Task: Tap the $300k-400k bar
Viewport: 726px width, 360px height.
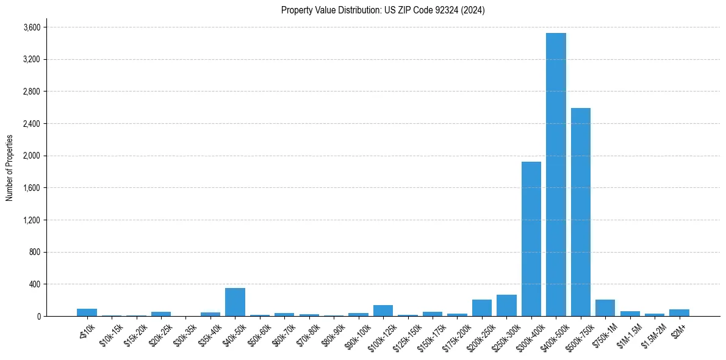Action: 531,239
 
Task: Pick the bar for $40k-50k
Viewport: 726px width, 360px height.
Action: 235,302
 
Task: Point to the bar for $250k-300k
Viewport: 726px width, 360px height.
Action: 506,305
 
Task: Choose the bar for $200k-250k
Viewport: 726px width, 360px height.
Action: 482,308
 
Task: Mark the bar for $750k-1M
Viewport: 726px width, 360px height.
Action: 605,308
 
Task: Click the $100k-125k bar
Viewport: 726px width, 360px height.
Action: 383,311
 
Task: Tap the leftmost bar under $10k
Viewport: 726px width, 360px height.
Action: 87,312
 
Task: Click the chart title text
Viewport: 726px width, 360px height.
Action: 383,10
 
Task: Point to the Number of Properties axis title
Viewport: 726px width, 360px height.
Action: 10,167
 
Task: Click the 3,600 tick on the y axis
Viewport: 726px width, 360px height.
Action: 32,27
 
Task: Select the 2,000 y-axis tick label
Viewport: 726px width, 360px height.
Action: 32,156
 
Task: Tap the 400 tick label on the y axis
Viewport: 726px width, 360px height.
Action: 34,284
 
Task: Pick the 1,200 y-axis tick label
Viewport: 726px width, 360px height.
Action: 32,220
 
